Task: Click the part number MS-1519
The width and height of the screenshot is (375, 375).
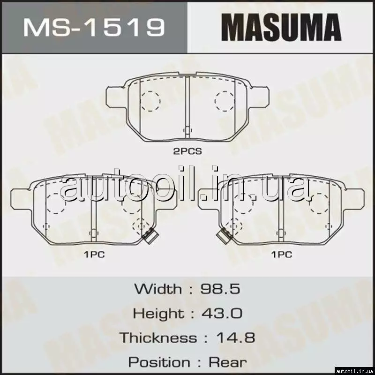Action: click(x=94, y=28)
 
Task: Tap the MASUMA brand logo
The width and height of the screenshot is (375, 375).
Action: click(x=281, y=27)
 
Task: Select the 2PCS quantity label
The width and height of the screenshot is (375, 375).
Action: click(x=187, y=151)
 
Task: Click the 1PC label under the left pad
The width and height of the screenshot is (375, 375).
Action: click(x=94, y=255)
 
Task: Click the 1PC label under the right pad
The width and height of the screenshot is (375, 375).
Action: click(x=282, y=255)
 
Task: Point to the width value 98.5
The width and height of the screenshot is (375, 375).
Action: click(x=220, y=289)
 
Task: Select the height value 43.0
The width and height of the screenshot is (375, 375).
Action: click(x=222, y=313)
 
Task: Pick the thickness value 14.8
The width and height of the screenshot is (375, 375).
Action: click(x=235, y=337)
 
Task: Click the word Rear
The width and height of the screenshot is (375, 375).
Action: click(x=227, y=362)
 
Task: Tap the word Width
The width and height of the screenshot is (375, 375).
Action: click(x=158, y=289)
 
